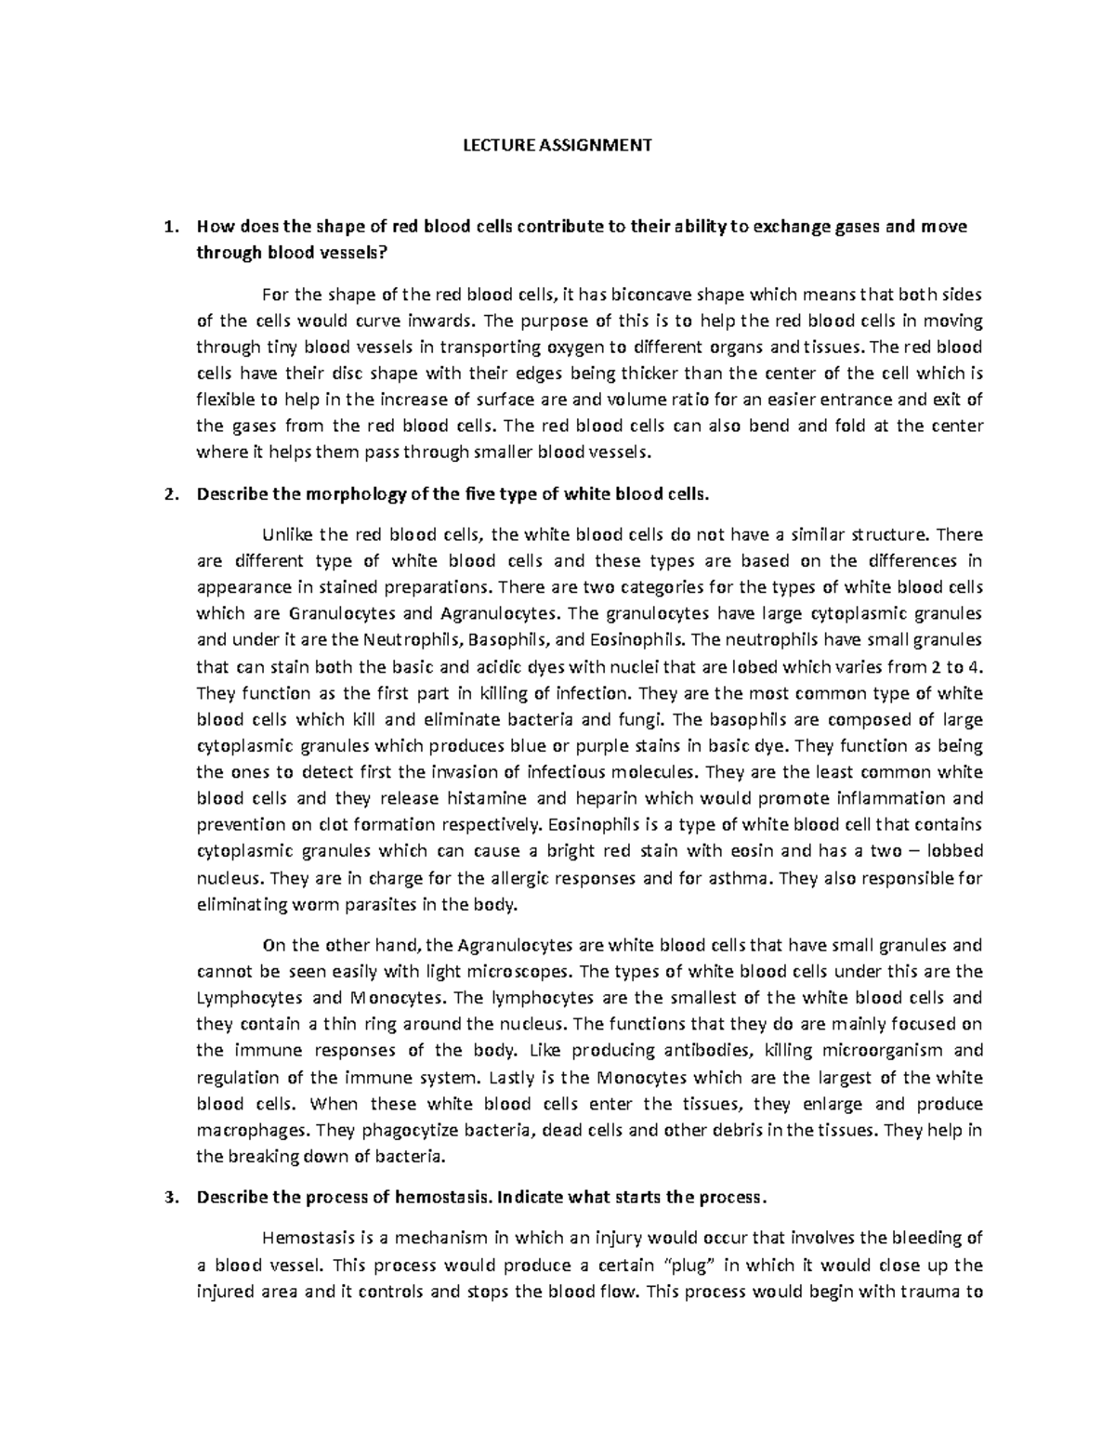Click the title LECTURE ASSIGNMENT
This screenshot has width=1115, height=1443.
tap(557, 145)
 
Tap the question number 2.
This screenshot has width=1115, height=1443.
tap(168, 494)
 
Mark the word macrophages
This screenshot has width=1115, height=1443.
tap(252, 1131)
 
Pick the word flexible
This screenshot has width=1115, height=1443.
tap(224, 400)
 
